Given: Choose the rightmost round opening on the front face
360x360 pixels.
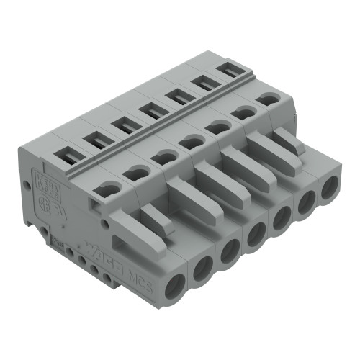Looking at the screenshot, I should coord(330,189).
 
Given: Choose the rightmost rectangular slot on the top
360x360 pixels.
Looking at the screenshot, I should coord(228,70).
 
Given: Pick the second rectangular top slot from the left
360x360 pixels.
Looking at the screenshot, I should coord(95,138).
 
